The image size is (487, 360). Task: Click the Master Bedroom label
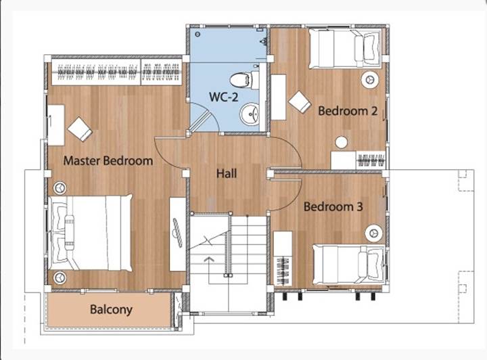(x=108, y=161)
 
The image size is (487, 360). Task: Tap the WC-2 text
(x=224, y=97)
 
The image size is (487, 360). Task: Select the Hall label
(x=227, y=173)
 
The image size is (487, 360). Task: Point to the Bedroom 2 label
(x=348, y=111)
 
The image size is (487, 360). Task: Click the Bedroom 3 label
(x=333, y=206)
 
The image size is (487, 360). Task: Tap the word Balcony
(x=111, y=309)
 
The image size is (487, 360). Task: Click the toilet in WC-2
(x=244, y=80)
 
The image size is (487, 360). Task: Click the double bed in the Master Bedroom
(x=91, y=233)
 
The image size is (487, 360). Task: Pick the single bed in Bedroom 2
(x=345, y=49)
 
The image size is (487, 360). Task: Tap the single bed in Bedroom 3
(x=349, y=265)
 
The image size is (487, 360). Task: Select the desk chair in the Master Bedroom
(x=80, y=129)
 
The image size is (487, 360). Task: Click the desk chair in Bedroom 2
(x=300, y=102)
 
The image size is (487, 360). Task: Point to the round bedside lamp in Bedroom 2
(x=370, y=80)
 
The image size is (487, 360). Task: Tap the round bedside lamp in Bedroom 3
(x=373, y=233)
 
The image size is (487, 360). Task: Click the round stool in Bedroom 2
(x=342, y=142)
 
